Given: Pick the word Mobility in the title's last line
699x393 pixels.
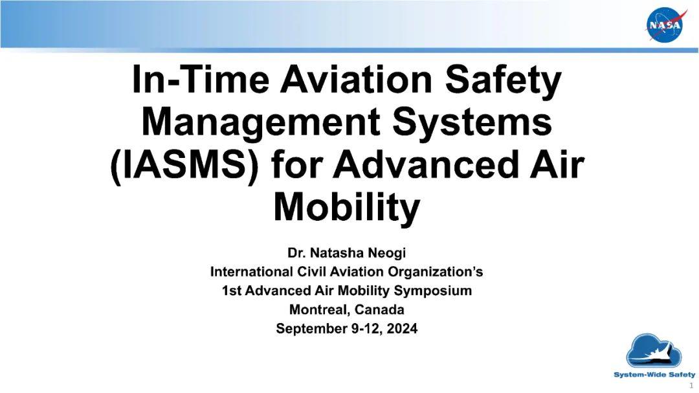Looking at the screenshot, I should click(x=347, y=208).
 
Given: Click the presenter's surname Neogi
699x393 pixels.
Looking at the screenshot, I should click(x=386, y=253).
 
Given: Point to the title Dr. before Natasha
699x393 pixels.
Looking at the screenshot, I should click(x=296, y=253).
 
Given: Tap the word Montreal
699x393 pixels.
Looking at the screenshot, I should click(x=321, y=309).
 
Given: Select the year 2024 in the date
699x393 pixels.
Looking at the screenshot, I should click(x=402, y=328).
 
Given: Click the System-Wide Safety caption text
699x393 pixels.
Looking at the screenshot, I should click(x=654, y=375).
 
